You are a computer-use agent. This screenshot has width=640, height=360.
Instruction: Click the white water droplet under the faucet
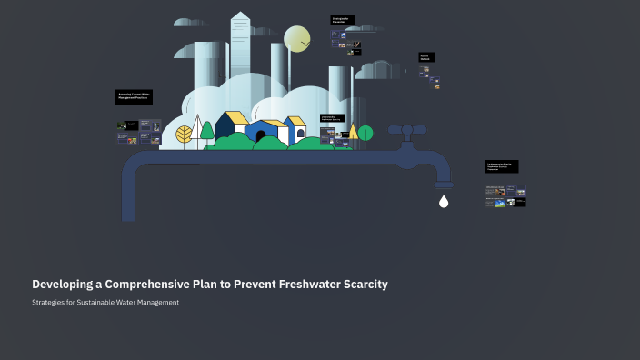[444, 202]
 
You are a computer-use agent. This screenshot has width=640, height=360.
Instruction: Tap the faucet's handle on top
[408, 130]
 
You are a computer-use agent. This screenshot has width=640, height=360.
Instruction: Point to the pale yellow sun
[296, 40]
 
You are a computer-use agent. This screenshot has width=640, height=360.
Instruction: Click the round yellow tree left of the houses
[185, 135]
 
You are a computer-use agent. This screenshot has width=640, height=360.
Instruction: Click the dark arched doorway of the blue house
[260, 136]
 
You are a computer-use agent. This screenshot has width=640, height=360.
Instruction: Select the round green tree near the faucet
[365, 134]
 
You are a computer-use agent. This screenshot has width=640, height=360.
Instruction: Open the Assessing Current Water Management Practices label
[134, 95]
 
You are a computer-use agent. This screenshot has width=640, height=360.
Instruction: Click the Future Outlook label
[426, 56]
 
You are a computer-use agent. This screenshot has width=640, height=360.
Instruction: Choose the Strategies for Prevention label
[343, 20]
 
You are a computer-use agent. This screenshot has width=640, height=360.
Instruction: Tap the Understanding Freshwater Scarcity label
[333, 118]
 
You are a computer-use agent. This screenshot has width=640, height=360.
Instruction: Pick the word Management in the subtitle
[157, 302]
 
